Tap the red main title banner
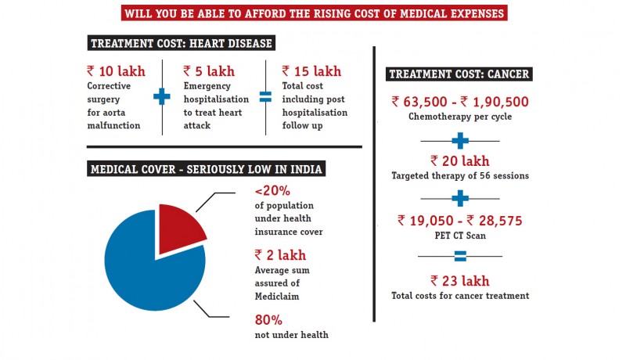pyautogui.click(x=314, y=13)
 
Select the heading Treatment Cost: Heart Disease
pyautogui.click(x=182, y=43)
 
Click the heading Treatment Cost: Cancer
pyautogui.click(x=459, y=75)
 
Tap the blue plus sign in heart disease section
pyautogui.click(x=161, y=97)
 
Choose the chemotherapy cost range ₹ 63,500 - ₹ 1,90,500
pyautogui.click(x=459, y=102)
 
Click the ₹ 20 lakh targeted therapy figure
pyautogui.click(x=459, y=160)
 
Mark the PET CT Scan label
pyautogui.click(x=459, y=235)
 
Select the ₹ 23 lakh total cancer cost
pyautogui.click(x=459, y=280)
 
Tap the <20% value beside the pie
pyautogui.click(x=272, y=191)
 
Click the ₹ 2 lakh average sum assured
pyautogui.click(x=280, y=254)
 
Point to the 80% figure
pyautogui.click(x=269, y=319)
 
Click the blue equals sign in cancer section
pyautogui.click(x=459, y=256)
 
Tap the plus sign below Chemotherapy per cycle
pyautogui.click(x=459, y=141)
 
